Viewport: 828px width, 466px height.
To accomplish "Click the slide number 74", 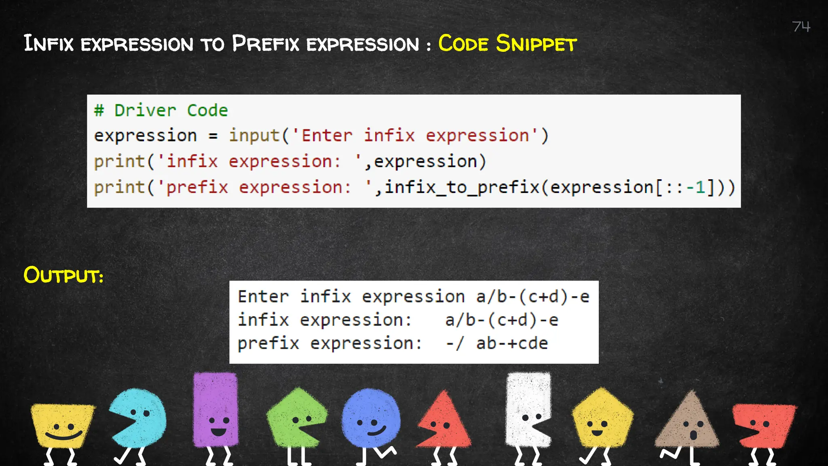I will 801,27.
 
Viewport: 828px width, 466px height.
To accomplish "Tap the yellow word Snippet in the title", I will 536,44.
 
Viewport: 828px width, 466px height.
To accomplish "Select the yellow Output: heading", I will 63,275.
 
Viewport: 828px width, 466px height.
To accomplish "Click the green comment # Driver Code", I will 161,110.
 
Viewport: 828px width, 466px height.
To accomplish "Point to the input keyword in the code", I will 254,136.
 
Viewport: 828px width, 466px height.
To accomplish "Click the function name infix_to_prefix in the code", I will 462,187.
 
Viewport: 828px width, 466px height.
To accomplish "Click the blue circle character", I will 371,418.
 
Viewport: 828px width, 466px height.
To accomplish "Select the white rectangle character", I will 528,409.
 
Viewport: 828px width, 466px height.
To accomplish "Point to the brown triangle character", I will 688,423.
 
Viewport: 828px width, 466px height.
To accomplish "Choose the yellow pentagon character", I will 602,419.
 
